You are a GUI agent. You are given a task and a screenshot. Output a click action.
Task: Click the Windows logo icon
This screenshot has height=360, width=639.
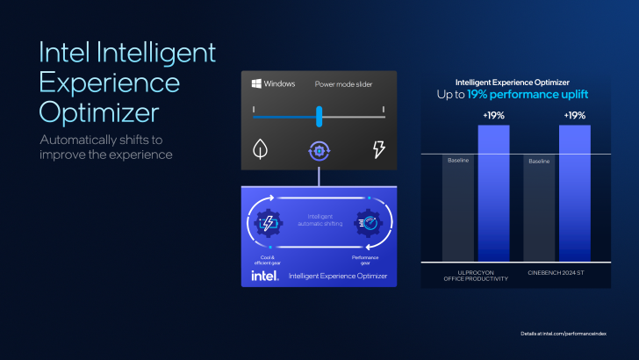[256, 84]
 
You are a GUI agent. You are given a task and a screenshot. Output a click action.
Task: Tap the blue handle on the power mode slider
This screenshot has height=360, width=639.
[319, 116]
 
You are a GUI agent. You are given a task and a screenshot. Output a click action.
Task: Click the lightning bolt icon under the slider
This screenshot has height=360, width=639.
[379, 149]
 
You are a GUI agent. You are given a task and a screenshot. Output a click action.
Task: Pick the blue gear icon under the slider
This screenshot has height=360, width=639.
[319, 150]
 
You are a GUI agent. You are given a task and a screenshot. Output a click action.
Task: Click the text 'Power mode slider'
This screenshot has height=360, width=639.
[342, 85]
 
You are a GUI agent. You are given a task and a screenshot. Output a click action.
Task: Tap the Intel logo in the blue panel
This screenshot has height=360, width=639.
[265, 276]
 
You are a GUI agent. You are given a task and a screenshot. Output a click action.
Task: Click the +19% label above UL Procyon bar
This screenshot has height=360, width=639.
[492, 115]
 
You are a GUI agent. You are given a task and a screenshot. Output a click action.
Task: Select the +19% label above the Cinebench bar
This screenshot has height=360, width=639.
[573, 115]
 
